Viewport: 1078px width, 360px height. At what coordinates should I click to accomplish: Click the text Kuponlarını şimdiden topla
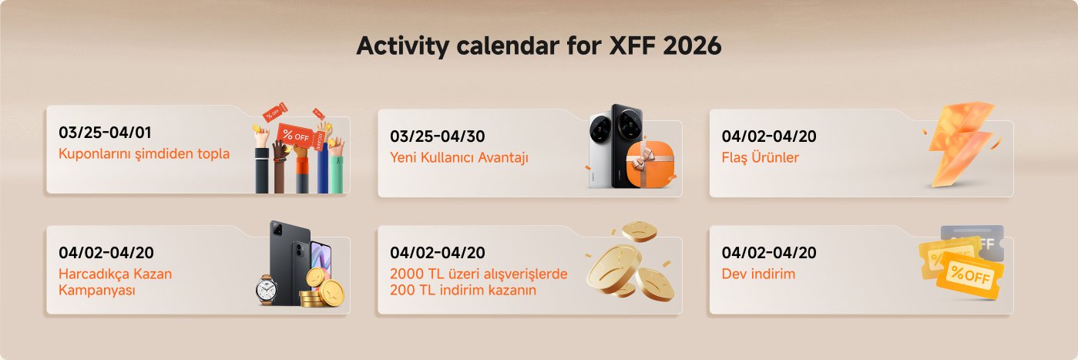(x=144, y=153)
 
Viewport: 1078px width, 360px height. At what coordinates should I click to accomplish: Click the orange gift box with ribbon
(x=646, y=164)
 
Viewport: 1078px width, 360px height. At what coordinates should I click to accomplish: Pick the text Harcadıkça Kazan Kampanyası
(x=115, y=282)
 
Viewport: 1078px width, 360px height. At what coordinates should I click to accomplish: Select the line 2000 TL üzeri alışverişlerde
(x=479, y=274)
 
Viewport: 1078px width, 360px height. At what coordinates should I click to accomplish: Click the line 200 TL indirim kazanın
(x=463, y=291)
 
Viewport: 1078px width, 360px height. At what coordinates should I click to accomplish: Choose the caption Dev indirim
(x=758, y=274)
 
